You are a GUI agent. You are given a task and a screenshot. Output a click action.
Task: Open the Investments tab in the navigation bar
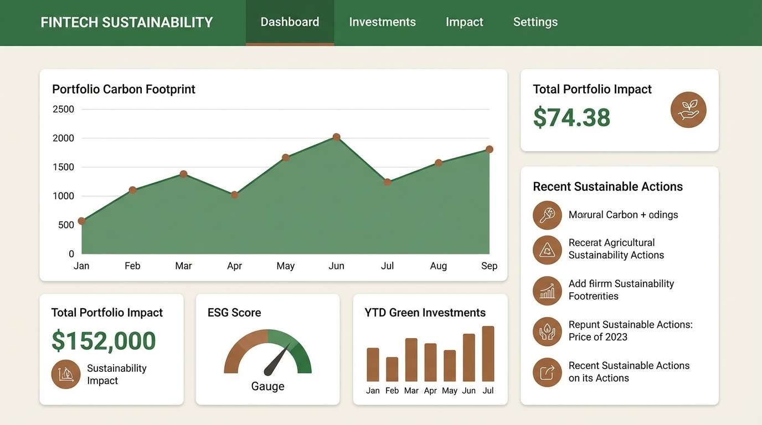point(382,22)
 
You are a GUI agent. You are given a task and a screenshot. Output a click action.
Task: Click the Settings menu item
point(535,22)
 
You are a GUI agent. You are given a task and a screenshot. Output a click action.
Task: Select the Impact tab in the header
point(464,22)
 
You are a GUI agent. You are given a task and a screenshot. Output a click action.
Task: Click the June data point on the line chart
point(336,137)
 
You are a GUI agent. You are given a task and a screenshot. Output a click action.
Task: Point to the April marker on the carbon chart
point(234,195)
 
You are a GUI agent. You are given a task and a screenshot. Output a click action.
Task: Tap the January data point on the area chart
point(81,221)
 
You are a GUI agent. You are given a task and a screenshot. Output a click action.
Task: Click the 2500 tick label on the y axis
point(63,109)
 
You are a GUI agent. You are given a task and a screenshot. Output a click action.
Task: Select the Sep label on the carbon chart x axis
point(489,266)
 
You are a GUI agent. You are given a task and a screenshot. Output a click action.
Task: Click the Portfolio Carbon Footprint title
point(123,89)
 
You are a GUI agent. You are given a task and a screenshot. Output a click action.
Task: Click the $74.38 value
point(571,118)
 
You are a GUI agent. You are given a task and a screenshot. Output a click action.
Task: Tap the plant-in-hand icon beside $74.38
point(688,110)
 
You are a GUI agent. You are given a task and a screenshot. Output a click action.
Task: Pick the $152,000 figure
point(104,341)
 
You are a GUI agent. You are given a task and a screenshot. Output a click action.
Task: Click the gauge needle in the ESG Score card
point(276,360)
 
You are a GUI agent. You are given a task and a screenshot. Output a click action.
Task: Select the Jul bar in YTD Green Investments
point(488,354)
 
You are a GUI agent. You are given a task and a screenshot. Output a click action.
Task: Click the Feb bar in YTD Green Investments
point(392,369)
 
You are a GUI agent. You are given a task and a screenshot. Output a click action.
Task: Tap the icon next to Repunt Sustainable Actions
point(547,331)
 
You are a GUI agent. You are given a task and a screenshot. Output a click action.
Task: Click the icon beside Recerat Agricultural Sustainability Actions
point(547,250)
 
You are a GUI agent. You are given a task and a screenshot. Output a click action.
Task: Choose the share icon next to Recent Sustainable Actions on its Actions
point(547,372)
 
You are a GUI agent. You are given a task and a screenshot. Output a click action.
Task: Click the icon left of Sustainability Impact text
point(66,375)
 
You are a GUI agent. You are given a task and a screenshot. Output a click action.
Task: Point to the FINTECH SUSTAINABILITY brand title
point(127,23)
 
